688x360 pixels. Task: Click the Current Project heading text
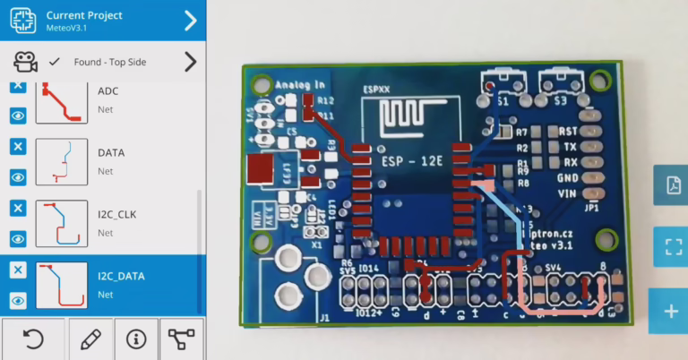84,15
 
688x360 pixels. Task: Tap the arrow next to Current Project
190,21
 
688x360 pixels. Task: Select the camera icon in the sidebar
25,62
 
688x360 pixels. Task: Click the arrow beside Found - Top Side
190,62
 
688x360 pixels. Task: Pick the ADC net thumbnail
62,100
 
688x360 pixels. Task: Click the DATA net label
111,152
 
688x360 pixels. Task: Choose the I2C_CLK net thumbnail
62,223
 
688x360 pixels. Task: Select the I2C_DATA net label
121,276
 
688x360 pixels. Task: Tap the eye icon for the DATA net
17,177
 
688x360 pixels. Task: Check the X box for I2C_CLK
17,208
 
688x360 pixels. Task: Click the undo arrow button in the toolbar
33,339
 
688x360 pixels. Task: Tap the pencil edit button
90,339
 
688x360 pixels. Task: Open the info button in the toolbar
136,339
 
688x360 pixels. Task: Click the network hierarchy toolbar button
182,339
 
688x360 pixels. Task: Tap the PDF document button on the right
670,185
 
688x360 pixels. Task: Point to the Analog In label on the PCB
300,85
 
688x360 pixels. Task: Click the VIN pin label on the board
566,193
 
